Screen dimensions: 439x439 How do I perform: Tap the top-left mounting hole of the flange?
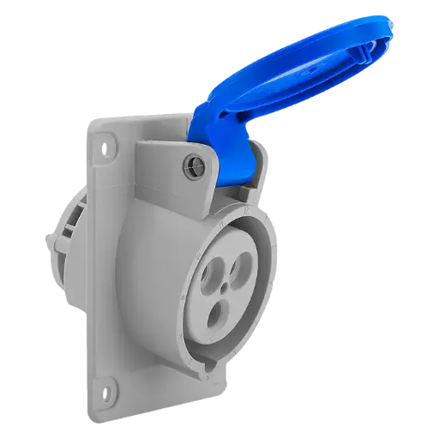coord(107,147)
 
